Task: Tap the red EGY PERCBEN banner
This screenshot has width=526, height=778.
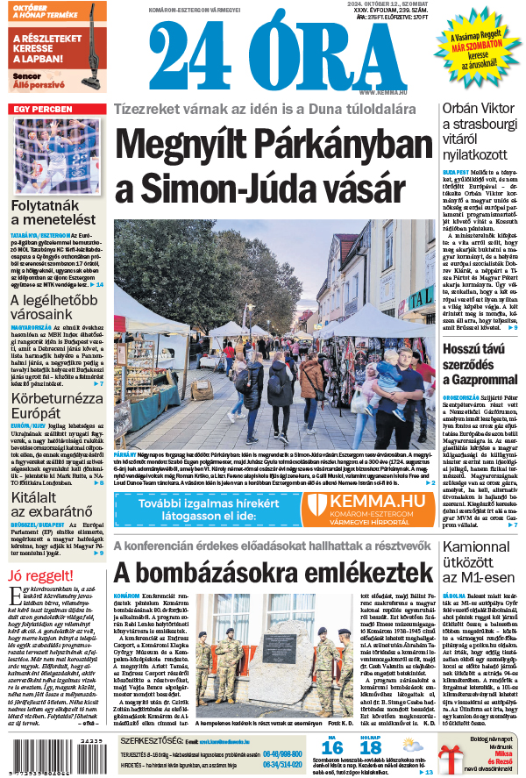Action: coord(43,109)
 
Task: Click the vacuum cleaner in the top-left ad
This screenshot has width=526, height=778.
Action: coord(88,53)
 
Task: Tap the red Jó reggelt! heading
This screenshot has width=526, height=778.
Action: coord(40,575)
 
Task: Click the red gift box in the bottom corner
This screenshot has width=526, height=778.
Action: coord(455,756)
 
